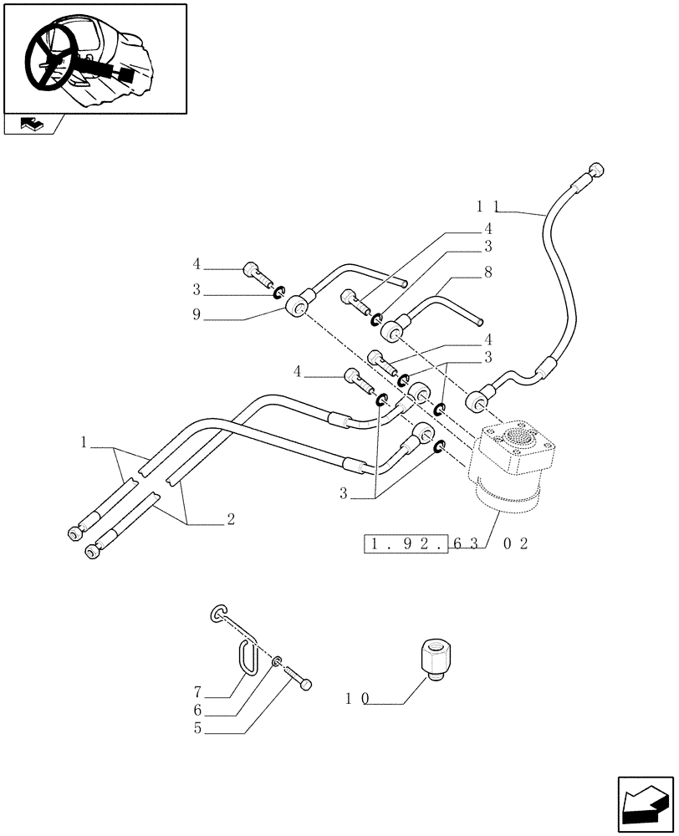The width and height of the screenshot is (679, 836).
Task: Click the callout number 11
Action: (488, 205)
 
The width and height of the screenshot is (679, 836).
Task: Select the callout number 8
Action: (488, 272)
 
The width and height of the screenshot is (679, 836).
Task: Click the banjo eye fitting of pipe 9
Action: (297, 311)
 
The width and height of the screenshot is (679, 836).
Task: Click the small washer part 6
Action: (276, 664)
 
